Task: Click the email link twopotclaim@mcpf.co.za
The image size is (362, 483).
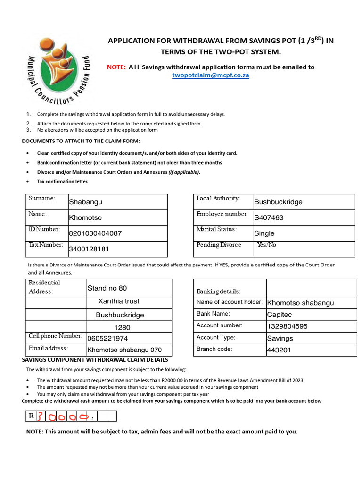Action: pyautogui.click(x=210, y=75)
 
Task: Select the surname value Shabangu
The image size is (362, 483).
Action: pyautogui.click(x=85, y=202)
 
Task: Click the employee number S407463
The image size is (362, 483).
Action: pyautogui.click(x=269, y=217)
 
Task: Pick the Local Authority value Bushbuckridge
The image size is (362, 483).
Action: pyautogui.click(x=278, y=202)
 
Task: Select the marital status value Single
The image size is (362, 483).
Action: pyautogui.click(x=264, y=233)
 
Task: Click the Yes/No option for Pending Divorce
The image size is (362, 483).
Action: pyautogui.click(x=266, y=245)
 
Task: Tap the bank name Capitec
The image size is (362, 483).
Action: pyautogui.click(x=280, y=315)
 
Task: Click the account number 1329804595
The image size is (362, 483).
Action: pyautogui.click(x=287, y=326)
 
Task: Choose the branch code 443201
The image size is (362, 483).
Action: pyautogui.click(x=279, y=350)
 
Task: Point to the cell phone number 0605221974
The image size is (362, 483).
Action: pyautogui.click(x=107, y=338)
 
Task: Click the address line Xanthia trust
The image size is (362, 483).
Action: pyautogui.click(x=118, y=301)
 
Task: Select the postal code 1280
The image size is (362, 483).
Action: pyautogui.click(x=123, y=327)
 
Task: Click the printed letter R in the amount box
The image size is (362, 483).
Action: pyautogui.click(x=31, y=416)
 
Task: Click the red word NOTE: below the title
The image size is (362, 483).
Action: pyautogui.click(x=116, y=67)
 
